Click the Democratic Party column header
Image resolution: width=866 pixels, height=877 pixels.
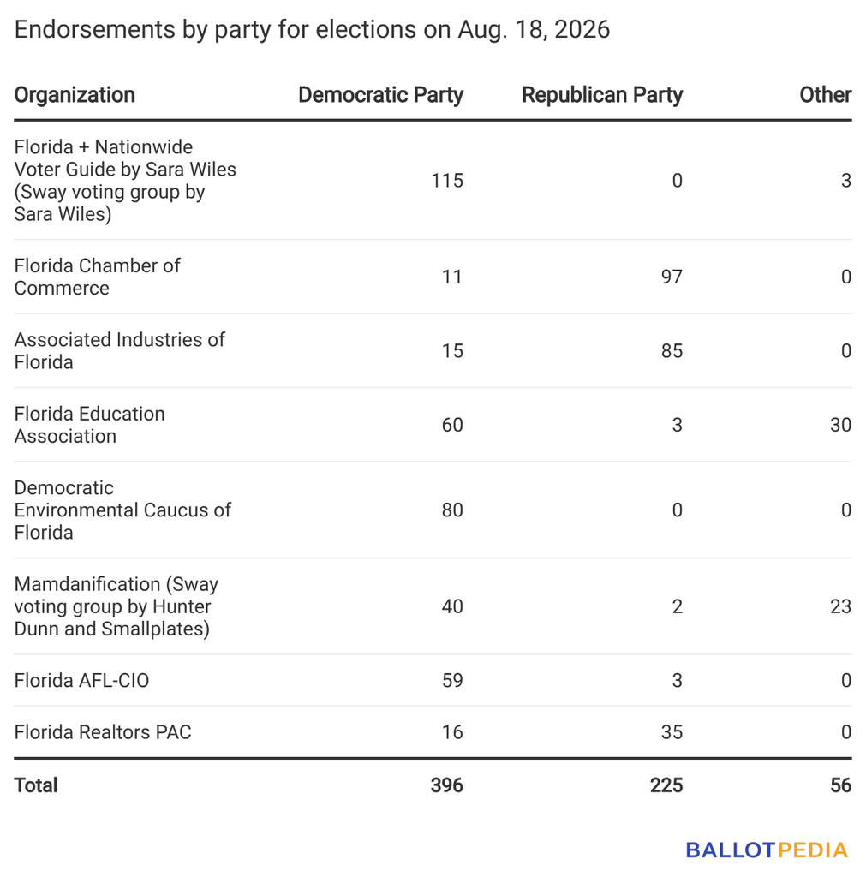pyautogui.click(x=380, y=95)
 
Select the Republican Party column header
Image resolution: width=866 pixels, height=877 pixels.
pyautogui.click(x=602, y=95)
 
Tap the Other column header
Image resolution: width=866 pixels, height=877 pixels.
pyautogui.click(x=825, y=95)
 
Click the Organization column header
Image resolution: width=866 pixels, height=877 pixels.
pyautogui.click(x=75, y=95)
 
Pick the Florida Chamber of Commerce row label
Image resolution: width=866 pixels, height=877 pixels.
pyautogui.click(x=98, y=277)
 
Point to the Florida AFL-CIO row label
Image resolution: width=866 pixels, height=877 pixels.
pyautogui.click(x=81, y=680)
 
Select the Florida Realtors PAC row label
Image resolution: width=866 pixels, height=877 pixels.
pyautogui.click(x=103, y=732)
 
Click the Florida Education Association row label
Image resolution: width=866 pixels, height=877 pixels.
pyautogui.click(x=89, y=425)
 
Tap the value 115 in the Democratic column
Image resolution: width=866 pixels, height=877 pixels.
pyautogui.click(x=447, y=181)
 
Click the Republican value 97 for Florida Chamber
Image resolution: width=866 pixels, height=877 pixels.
pyautogui.click(x=672, y=277)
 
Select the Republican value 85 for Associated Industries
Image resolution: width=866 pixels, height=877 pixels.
pyautogui.click(x=672, y=350)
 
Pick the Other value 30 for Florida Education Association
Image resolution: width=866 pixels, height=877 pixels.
pyautogui.click(x=841, y=425)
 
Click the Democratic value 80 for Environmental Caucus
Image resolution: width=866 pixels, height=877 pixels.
pyautogui.click(x=452, y=510)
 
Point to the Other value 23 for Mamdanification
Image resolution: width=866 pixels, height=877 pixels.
pyautogui.click(x=841, y=606)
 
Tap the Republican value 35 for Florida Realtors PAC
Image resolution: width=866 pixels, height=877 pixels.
pyautogui.click(x=672, y=732)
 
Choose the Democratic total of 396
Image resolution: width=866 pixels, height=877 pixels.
pyautogui.click(x=447, y=785)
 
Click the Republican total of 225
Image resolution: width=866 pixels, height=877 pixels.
pyautogui.click(x=666, y=785)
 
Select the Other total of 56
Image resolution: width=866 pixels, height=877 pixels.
pyautogui.click(x=841, y=785)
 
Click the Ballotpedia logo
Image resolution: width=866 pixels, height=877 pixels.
pyautogui.click(x=767, y=850)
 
